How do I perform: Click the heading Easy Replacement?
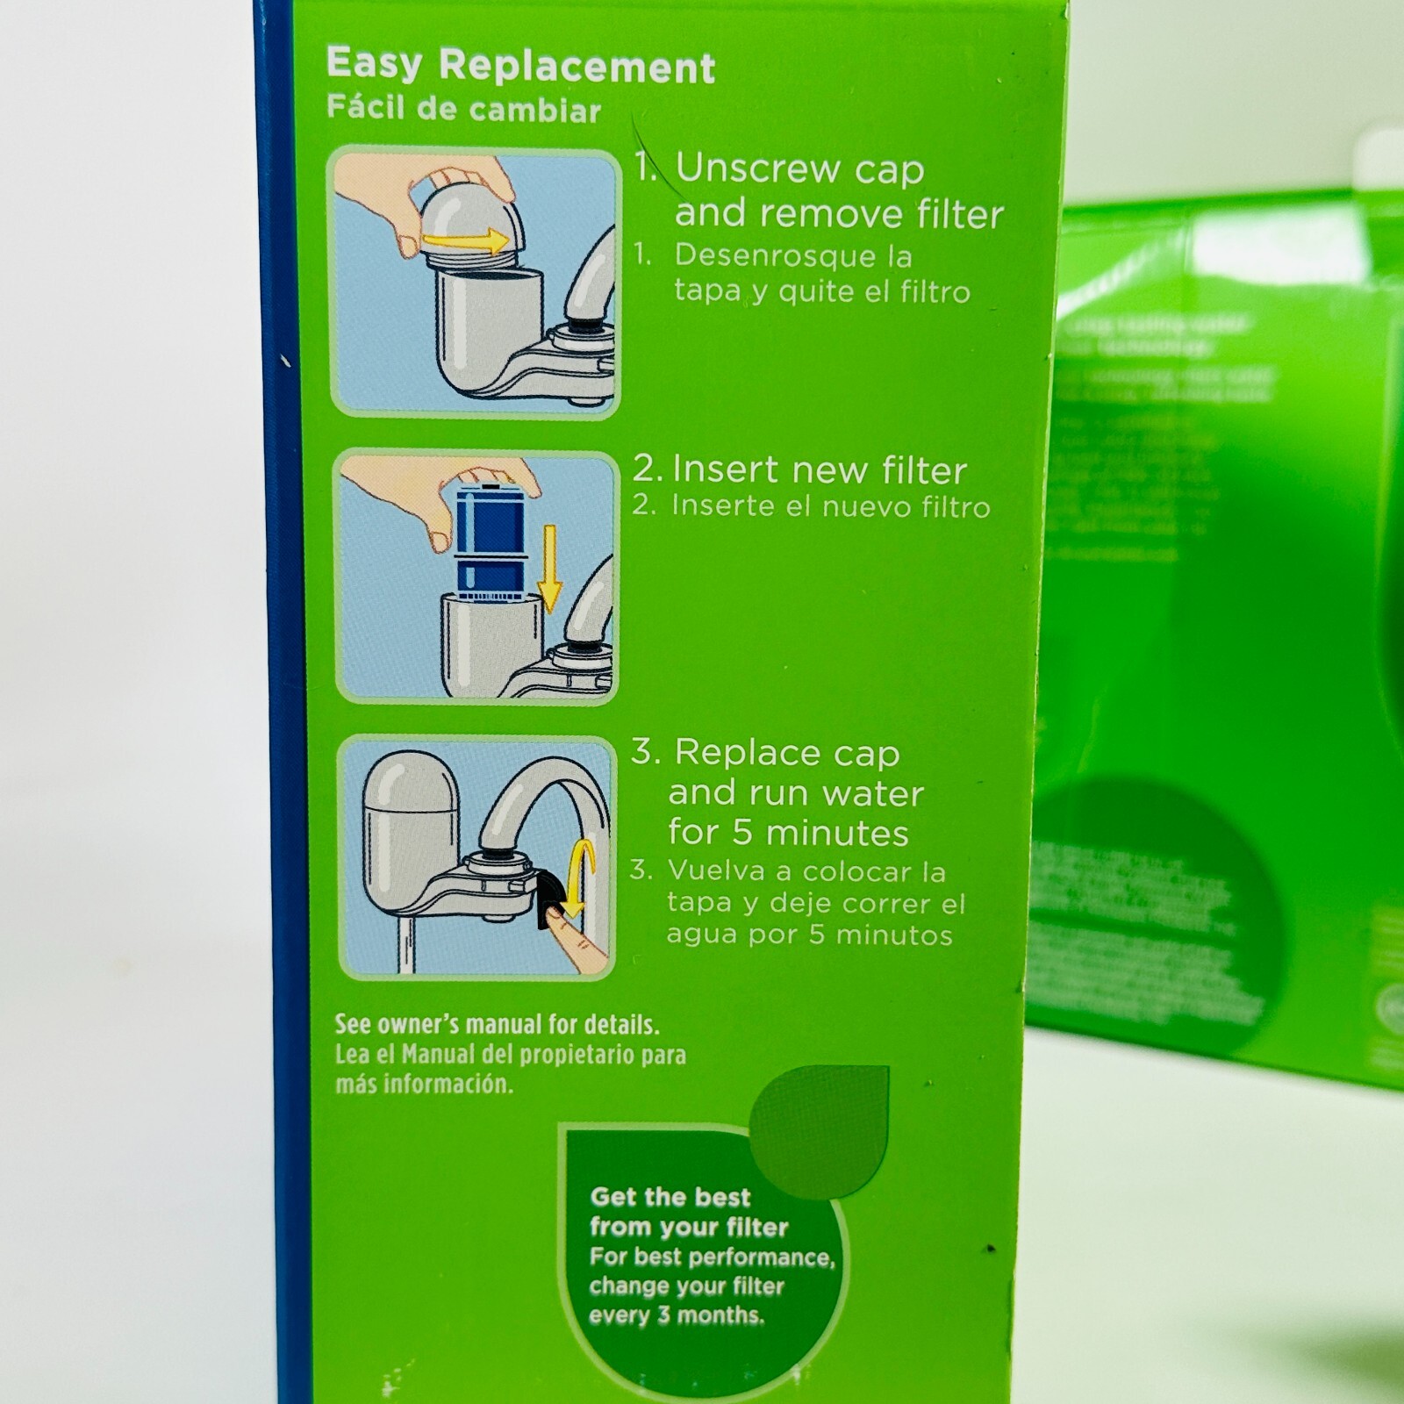coord(520,66)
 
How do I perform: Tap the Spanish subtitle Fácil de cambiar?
coord(463,110)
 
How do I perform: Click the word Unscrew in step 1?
coord(755,168)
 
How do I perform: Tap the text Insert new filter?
coord(818,470)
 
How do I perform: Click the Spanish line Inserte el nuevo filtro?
coord(830,506)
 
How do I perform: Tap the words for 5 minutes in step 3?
coord(787,832)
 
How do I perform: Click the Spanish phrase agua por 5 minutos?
coord(808,935)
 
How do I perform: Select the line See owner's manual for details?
coord(497,1025)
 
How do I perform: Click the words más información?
coord(423,1085)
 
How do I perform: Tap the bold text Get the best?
coord(670,1197)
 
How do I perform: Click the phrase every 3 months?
coord(676,1315)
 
